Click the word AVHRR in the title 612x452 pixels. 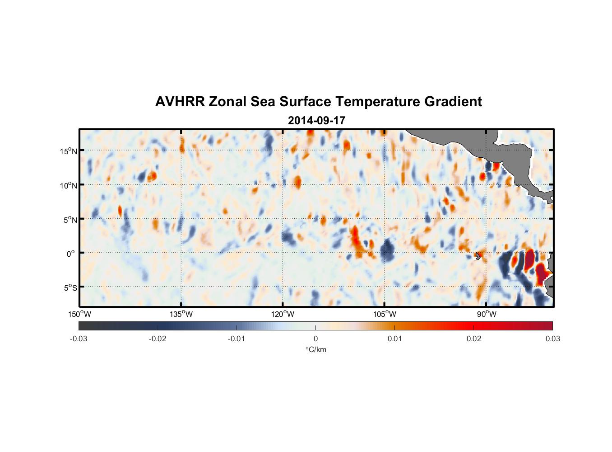180,102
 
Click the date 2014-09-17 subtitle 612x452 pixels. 316,121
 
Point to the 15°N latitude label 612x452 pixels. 69,151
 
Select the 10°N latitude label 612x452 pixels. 69,185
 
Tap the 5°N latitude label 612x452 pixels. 70,220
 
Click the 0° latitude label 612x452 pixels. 70,254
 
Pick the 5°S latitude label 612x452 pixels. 70,287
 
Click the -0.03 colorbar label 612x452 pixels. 79,339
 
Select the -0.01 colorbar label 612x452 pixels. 236,339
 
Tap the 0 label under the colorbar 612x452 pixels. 315,339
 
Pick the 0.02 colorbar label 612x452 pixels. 474,339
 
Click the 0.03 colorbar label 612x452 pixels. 552,339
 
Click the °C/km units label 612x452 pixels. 315,349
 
